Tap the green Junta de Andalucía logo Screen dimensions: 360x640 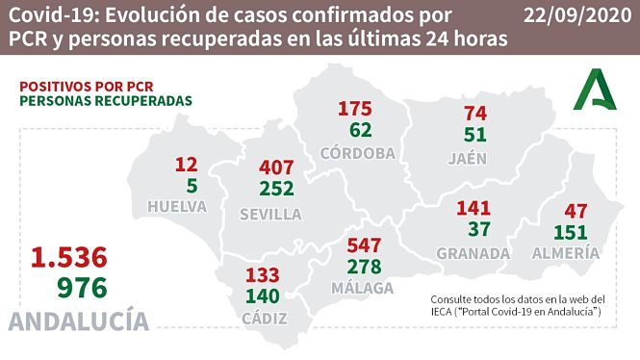pyautogui.click(x=597, y=91)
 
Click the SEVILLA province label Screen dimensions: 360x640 pyautogui.click(x=269, y=214)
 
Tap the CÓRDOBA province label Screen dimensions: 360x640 pyautogui.click(x=358, y=153)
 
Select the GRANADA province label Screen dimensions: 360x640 pyautogui.click(x=472, y=253)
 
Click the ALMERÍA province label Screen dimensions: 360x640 pyautogui.click(x=566, y=253)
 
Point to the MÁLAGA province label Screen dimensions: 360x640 pyautogui.click(x=364, y=289)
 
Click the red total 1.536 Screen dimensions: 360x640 pyautogui.click(x=68, y=257)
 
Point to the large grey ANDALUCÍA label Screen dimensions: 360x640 pyautogui.click(x=79, y=321)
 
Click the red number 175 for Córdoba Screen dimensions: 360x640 pyautogui.click(x=355, y=109)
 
